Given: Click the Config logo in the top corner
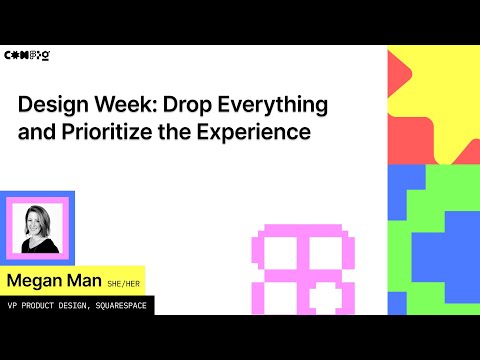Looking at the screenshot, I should click(x=27, y=54).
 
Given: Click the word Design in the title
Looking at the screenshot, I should click(x=53, y=105).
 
